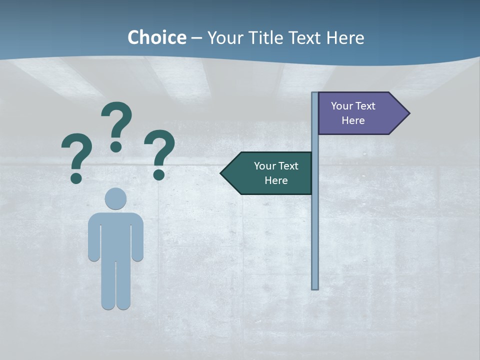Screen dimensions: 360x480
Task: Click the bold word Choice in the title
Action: pyautogui.click(x=156, y=37)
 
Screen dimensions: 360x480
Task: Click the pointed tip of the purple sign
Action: pyautogui.click(x=408, y=113)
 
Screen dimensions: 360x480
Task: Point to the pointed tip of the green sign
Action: pyautogui.click(x=221, y=173)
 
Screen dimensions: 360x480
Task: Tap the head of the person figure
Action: pyautogui.click(x=115, y=198)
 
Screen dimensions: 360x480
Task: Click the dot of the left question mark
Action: pyautogui.click(x=76, y=177)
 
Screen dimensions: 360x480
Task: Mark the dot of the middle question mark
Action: pyautogui.click(x=116, y=146)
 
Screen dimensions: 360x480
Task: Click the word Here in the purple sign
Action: pyautogui.click(x=353, y=120)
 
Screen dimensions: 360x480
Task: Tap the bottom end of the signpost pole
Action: pyautogui.click(x=315, y=287)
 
